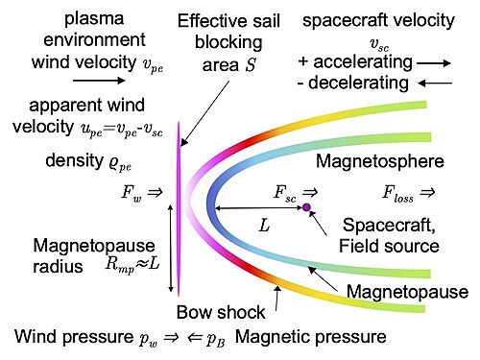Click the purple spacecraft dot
coord(306,207)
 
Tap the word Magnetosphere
coord(380,161)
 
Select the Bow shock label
coord(221,312)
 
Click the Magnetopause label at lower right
coord(407,292)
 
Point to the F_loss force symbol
coord(397,193)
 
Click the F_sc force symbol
coord(285,193)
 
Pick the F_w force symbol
coord(132,193)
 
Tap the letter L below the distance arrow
coord(264,226)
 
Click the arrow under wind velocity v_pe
coord(99,80)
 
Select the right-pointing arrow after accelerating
coord(434,63)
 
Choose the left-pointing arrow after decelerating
coord(435,84)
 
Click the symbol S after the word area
coord(251,65)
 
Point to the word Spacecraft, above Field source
coord(389,226)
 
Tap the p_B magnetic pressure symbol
coord(215,339)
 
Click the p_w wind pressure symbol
coord(148,339)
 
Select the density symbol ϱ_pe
coord(120,162)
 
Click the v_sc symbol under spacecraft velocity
coord(379,45)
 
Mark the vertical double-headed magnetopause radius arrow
coord(171,249)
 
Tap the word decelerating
coord(358,83)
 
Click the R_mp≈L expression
coord(132,266)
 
